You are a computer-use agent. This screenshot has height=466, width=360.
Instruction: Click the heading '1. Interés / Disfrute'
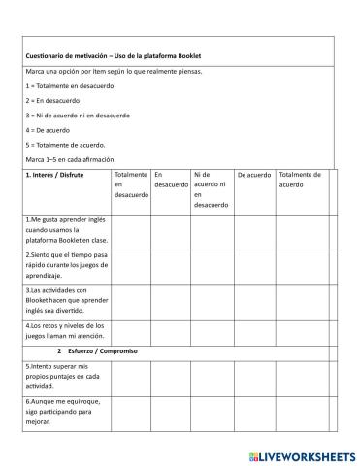click(x=54, y=176)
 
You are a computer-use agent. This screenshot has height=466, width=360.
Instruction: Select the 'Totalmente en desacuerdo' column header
click(x=130, y=183)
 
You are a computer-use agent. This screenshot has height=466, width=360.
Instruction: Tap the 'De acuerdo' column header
click(x=254, y=176)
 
